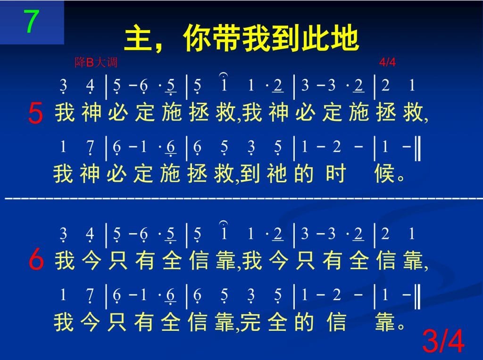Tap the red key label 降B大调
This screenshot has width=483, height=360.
96,63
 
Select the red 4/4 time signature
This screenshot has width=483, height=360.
387,62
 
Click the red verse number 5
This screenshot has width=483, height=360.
35,113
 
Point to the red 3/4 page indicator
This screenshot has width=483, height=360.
443,341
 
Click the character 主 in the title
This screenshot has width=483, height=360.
138,39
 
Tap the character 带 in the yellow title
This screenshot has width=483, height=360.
227,38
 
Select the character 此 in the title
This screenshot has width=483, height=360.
315,38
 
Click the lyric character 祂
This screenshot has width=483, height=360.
276,173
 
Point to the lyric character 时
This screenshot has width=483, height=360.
336,173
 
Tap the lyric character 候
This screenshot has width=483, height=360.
384,173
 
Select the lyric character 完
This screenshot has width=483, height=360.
250,322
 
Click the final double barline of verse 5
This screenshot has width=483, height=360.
417,148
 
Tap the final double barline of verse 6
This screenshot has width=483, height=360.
417,296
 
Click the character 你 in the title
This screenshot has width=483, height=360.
198,38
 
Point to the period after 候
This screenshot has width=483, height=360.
401,178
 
